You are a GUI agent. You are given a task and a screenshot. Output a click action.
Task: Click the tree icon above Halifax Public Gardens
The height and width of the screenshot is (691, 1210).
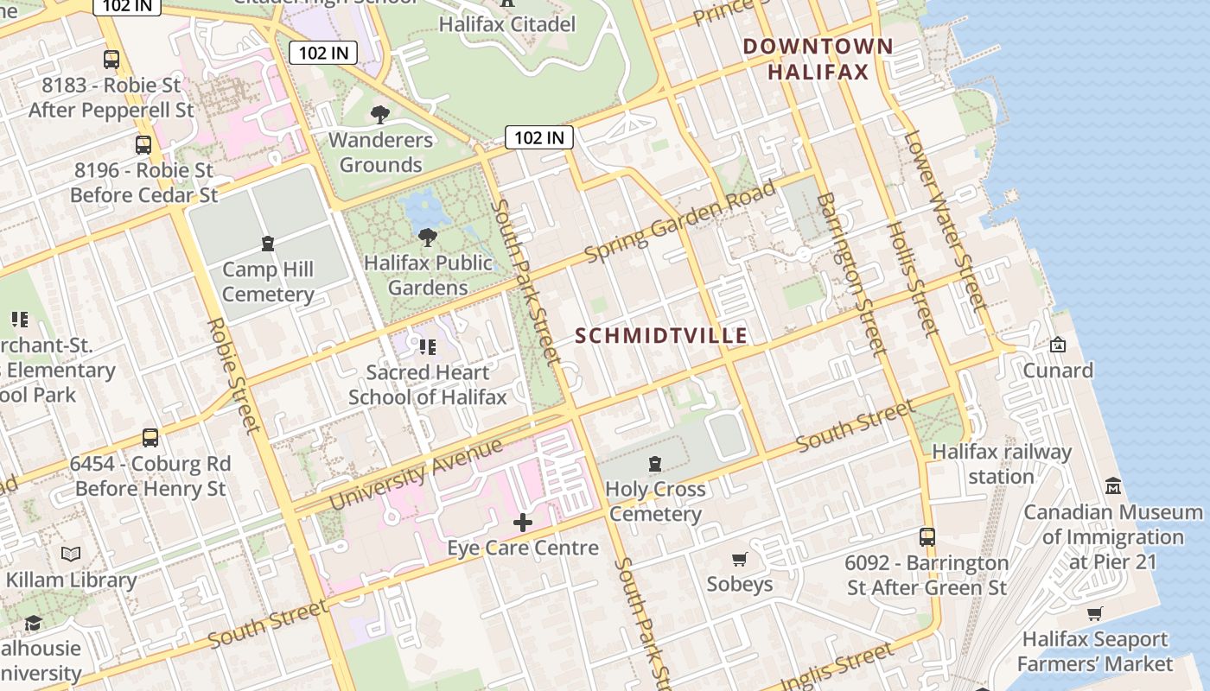(x=427, y=237)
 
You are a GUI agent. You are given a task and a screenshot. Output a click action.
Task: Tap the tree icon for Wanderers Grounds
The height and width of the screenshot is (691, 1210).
(x=379, y=114)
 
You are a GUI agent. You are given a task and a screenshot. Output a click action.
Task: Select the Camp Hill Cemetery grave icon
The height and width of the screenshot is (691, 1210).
(x=268, y=244)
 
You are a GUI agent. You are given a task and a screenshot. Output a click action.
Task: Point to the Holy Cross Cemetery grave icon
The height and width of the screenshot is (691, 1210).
(x=655, y=464)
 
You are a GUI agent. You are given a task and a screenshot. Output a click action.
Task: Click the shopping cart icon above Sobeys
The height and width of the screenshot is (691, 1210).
(x=739, y=559)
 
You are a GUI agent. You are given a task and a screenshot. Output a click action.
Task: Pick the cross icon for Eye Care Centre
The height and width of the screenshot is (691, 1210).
(x=523, y=522)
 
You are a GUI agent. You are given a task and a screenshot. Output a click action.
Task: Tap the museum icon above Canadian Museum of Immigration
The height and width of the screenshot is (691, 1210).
(x=1113, y=486)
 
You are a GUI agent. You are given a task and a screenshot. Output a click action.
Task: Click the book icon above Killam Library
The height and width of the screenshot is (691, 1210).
(x=71, y=554)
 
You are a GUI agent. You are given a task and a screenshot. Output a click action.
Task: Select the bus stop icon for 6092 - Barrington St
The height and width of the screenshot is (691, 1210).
(x=927, y=536)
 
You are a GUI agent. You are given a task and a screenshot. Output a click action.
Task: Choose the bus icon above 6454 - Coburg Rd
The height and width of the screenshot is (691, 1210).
(x=150, y=438)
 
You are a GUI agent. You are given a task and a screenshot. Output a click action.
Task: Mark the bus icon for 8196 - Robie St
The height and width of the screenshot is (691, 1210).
(x=143, y=145)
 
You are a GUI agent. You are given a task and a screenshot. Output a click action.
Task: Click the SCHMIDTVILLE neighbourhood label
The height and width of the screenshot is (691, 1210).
(x=661, y=336)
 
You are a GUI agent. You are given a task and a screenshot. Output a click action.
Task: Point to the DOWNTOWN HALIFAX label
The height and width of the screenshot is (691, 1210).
(x=818, y=59)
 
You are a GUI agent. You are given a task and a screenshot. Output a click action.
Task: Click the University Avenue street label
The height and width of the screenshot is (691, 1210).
(x=416, y=473)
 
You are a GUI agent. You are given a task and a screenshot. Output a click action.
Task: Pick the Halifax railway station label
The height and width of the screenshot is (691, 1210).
(x=1001, y=464)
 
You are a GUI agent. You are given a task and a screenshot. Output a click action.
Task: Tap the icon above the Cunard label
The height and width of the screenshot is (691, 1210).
(x=1057, y=345)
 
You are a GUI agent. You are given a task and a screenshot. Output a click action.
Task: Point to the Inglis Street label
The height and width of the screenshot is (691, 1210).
(x=836, y=664)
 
